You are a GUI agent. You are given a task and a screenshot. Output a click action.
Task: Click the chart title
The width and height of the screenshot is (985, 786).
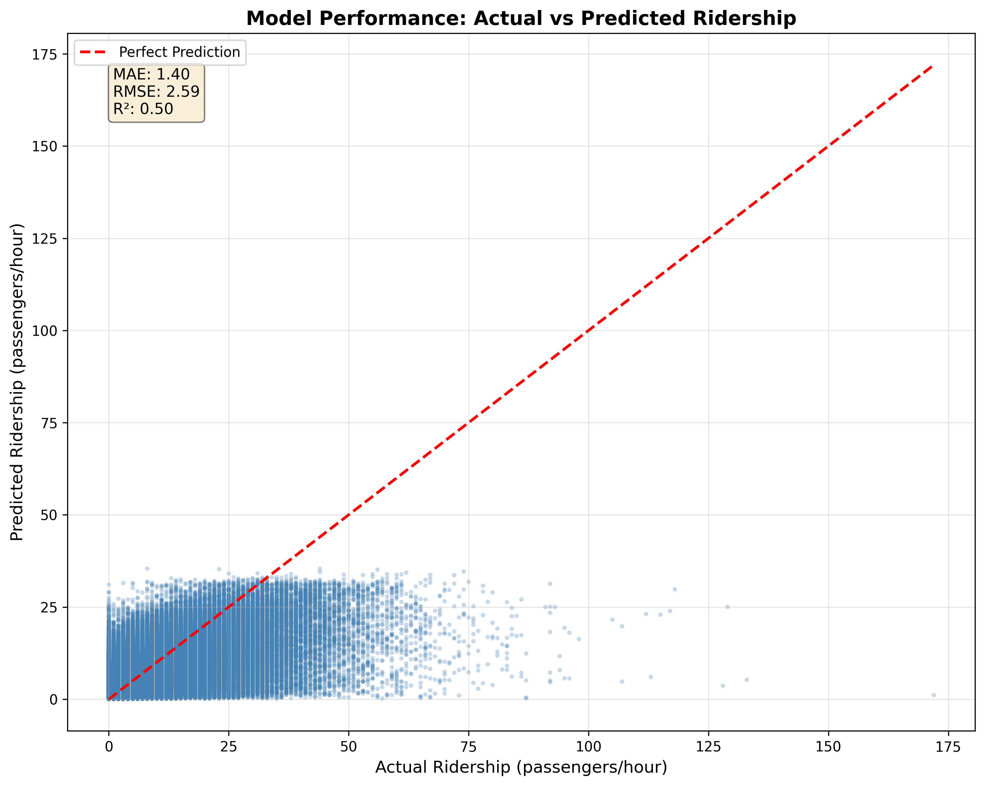521,19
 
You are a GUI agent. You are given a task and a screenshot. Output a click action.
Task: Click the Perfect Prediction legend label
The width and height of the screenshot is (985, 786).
179,52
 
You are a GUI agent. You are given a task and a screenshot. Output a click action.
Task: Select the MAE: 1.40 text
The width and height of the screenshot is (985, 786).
151,74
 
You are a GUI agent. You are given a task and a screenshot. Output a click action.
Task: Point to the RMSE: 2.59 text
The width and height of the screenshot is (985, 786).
156,91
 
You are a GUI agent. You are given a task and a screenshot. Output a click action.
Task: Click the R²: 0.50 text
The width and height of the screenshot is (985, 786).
143,109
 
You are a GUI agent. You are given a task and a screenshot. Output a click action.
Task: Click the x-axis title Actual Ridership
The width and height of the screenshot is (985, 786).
521,767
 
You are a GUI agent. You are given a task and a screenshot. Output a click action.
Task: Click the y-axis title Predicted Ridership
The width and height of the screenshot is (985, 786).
17,382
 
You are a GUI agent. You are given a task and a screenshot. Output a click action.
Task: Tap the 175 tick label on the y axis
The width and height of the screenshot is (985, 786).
44,55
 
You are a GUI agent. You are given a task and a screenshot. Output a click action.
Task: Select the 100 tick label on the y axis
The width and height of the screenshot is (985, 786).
44,331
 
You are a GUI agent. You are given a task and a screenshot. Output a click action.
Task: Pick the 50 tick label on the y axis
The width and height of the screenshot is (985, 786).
48,515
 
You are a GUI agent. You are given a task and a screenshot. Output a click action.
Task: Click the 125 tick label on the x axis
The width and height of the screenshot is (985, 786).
708,747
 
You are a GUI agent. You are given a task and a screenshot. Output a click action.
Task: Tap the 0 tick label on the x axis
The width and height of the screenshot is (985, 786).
109,747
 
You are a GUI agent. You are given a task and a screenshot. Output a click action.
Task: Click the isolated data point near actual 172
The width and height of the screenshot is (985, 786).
934,695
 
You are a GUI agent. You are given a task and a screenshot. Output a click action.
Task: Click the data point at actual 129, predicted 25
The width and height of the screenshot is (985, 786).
728,607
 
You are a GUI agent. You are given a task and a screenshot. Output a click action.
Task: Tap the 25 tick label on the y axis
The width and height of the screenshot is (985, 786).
48,607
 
